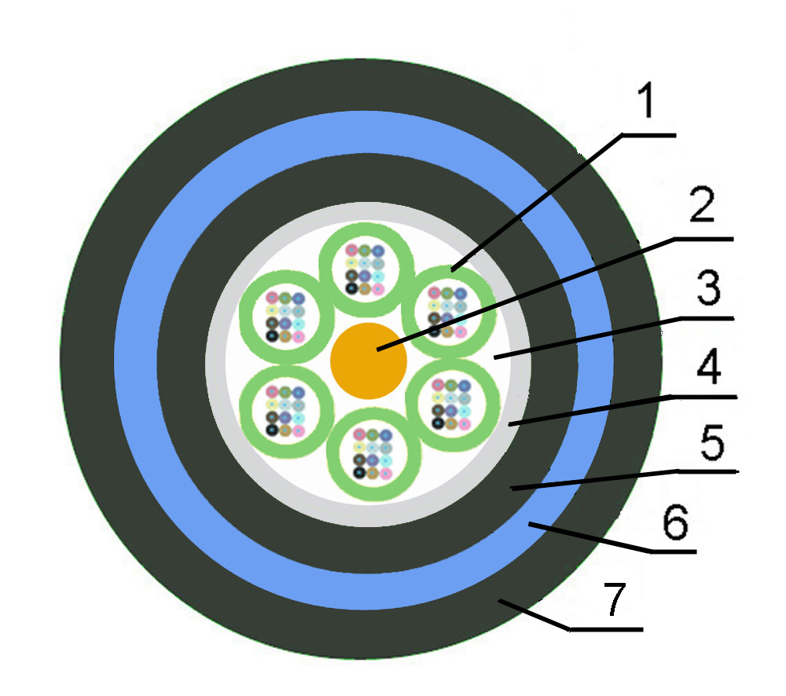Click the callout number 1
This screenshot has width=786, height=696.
click(647, 101)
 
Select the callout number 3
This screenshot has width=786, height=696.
click(709, 288)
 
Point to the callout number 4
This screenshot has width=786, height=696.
click(709, 368)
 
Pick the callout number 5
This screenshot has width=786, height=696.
click(712, 442)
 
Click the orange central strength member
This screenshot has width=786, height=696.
click(369, 361)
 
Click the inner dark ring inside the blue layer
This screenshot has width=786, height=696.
click(182, 363)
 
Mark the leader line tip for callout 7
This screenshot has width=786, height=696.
click(499, 600)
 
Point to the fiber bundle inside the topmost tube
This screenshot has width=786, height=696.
click(365, 269)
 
